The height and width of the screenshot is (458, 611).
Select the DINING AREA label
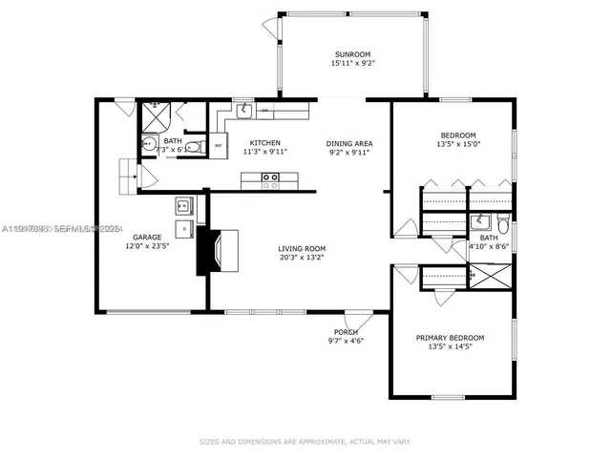pyautogui.click(x=348, y=142)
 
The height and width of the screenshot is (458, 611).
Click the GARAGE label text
pyautogui.click(x=147, y=237)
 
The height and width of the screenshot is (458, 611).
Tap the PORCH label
pyautogui.click(x=347, y=332)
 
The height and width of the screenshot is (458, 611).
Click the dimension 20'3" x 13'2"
pyautogui.click(x=301, y=256)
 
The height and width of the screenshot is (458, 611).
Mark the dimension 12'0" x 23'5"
pyautogui.click(x=147, y=246)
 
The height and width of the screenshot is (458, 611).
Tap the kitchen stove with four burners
pyautogui.click(x=270, y=177)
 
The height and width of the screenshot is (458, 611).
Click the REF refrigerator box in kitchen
pyautogui.click(x=219, y=146)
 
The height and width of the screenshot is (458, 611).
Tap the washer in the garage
pyautogui.click(x=183, y=205)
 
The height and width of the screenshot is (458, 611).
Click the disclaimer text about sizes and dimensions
pyautogui.click(x=305, y=442)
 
